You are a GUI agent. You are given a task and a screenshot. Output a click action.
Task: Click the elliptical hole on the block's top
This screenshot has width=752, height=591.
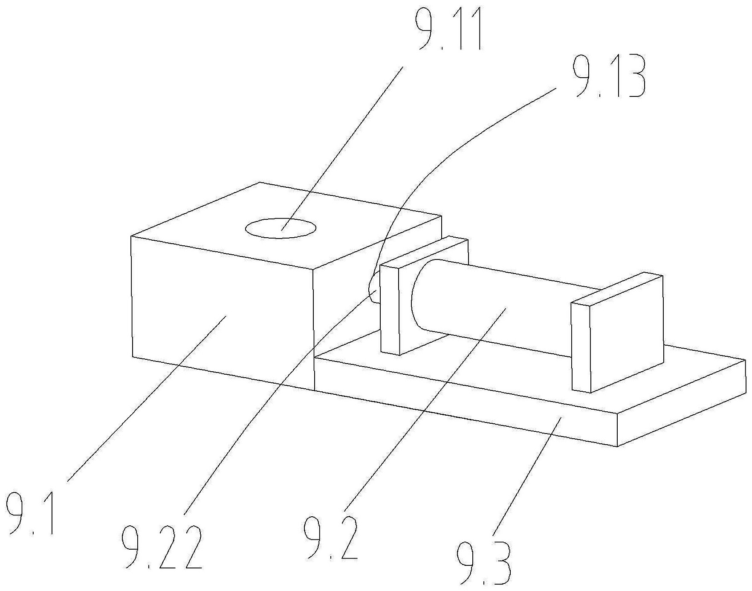click(281, 228)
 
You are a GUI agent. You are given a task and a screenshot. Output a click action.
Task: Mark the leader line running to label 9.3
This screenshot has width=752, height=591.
click(526, 476)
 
